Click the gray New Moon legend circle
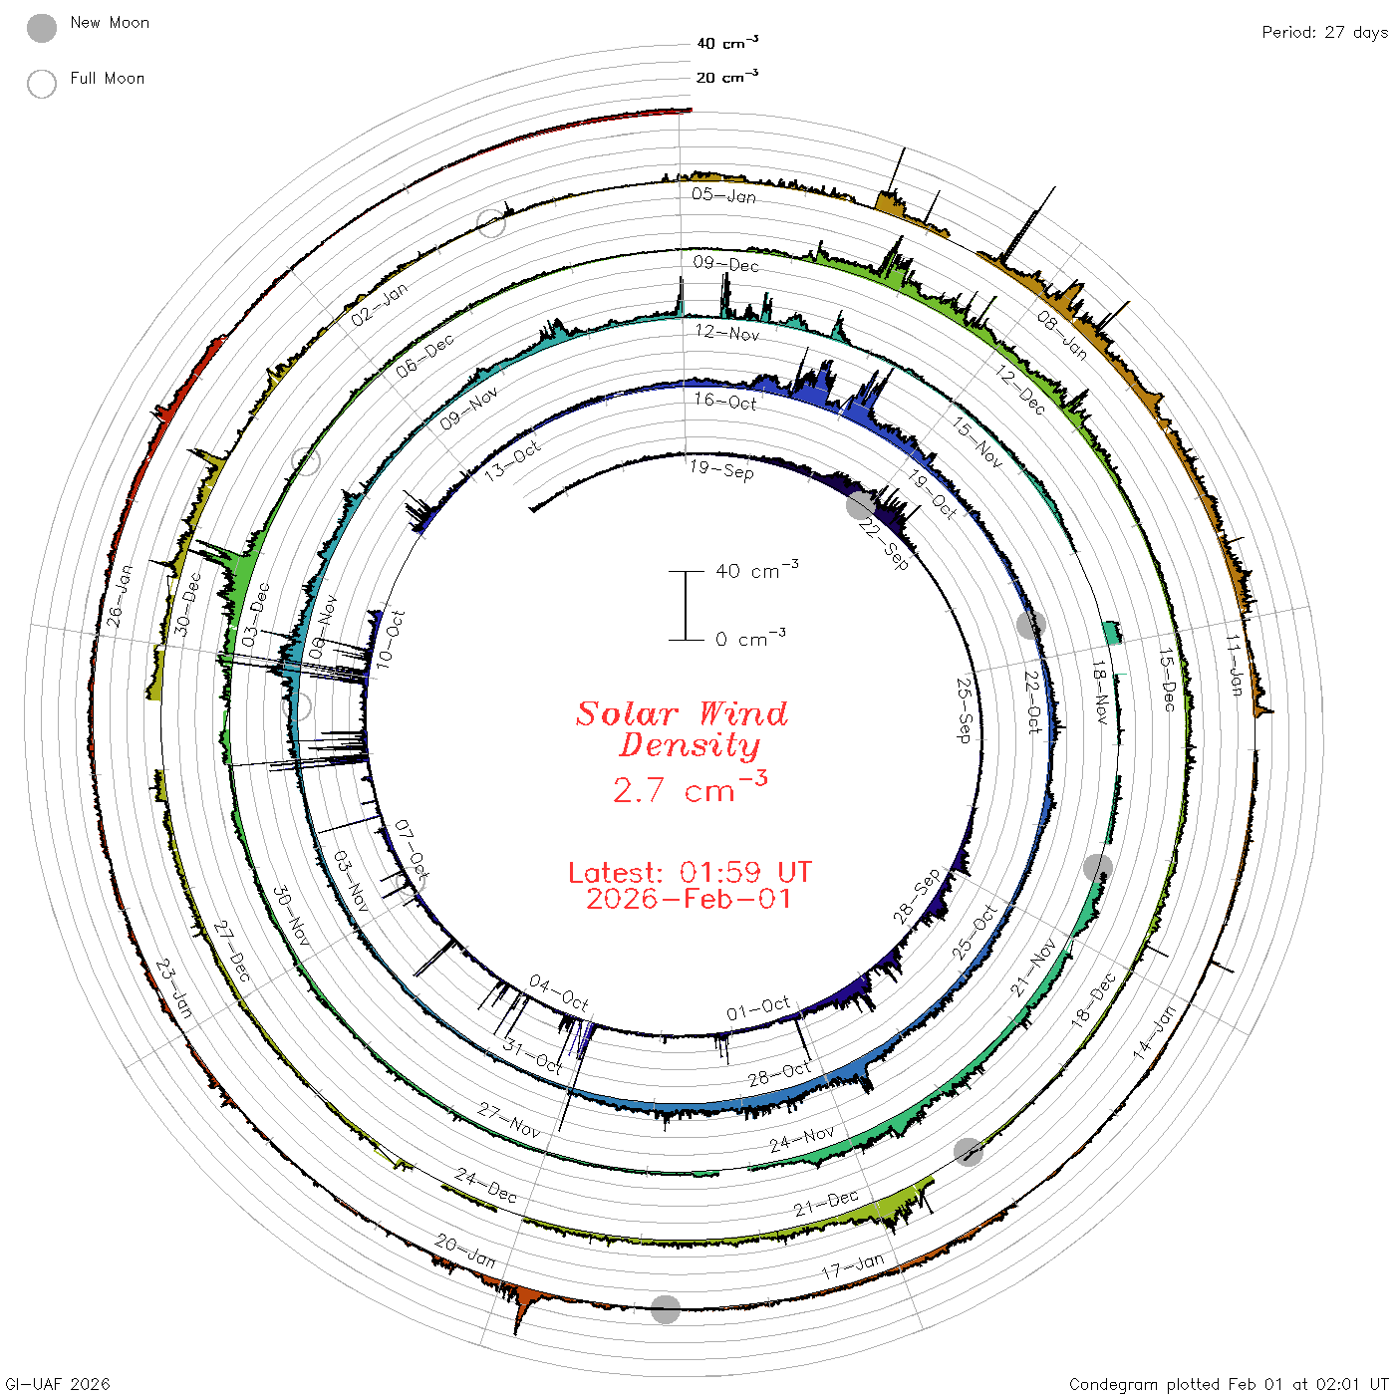[x=41, y=28]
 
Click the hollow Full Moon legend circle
[x=41, y=84]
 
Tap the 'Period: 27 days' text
[x=1324, y=33]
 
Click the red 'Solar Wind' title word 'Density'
[x=689, y=745]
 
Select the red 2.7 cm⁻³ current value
[x=690, y=788]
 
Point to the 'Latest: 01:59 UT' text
[x=690, y=872]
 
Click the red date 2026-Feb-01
[x=689, y=899]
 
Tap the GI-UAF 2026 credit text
[x=58, y=1383]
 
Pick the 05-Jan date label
[x=723, y=195]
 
